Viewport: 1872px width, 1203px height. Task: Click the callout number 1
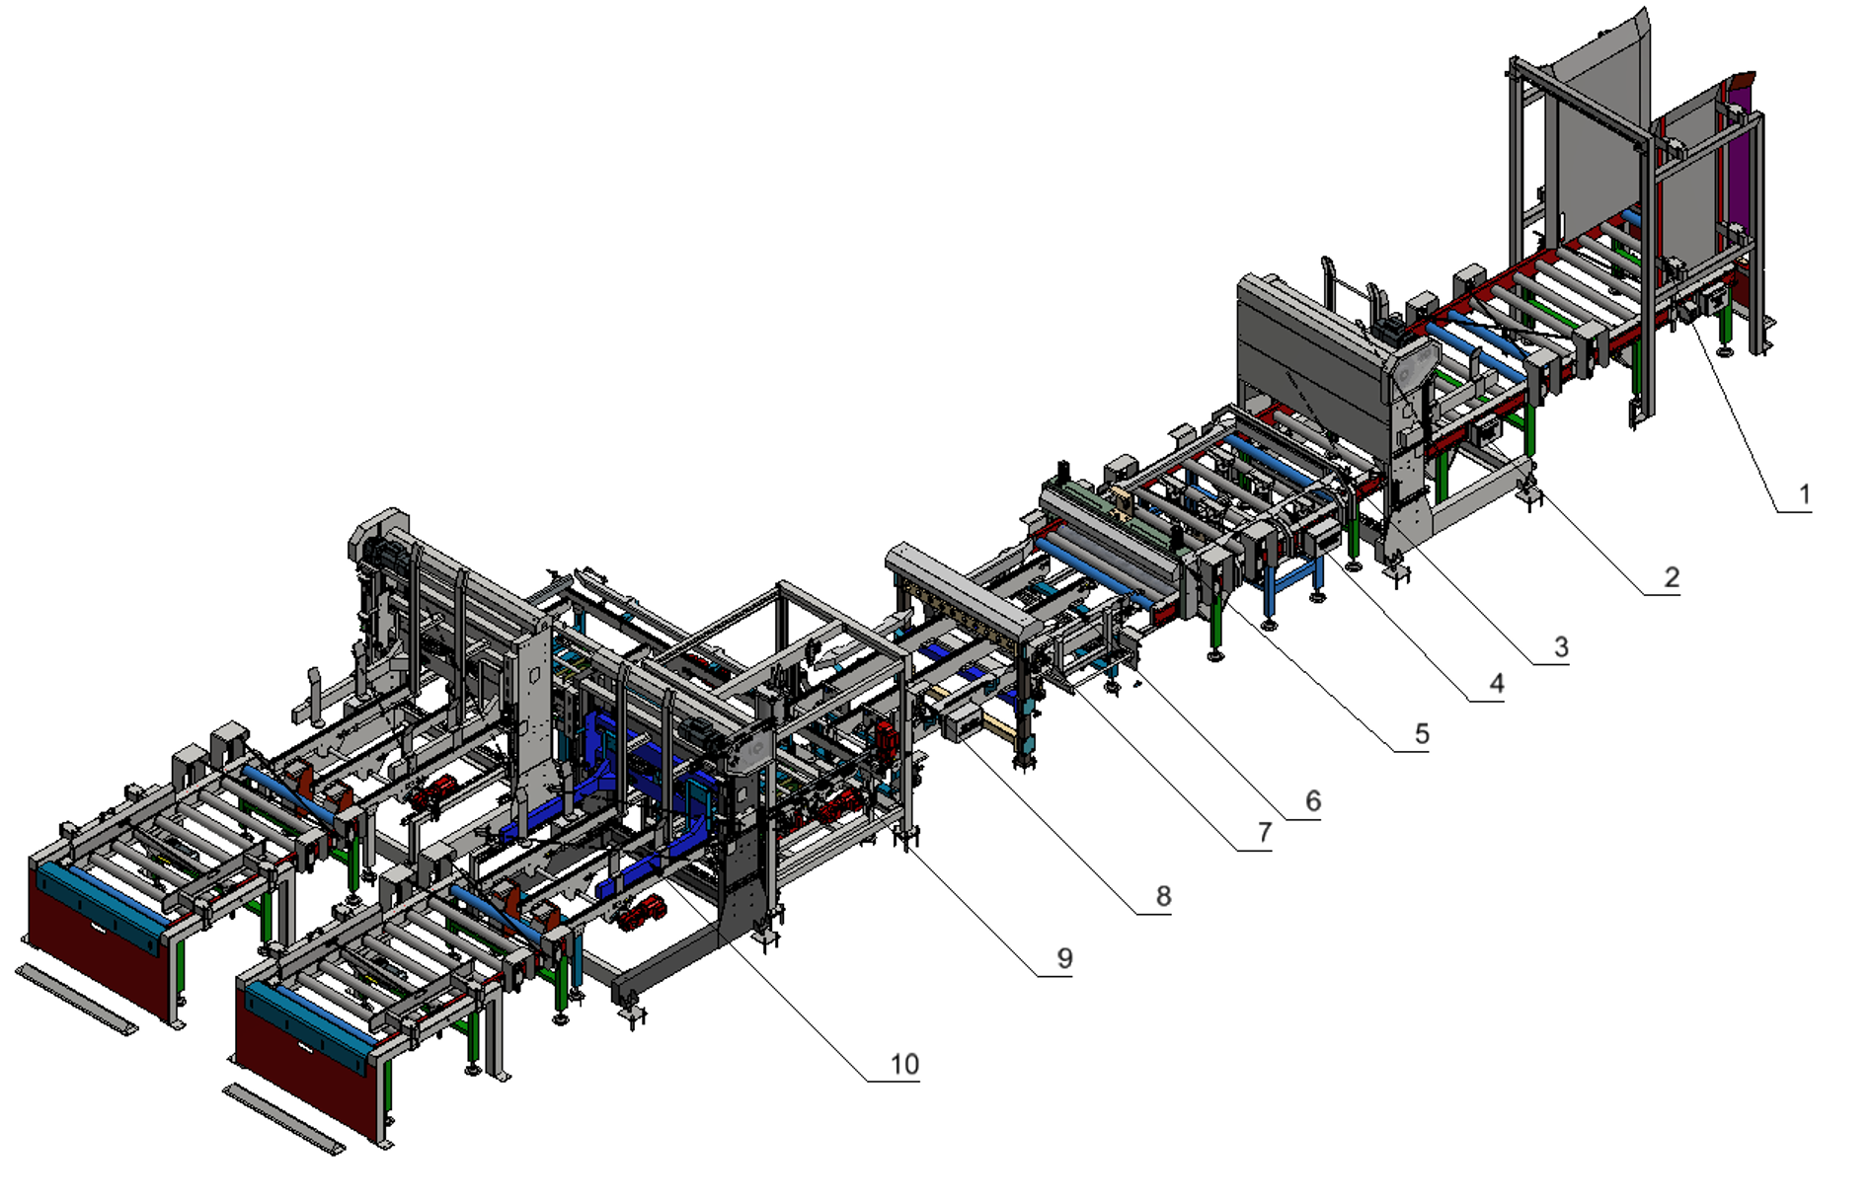1805,493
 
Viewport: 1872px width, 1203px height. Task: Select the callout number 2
1671,577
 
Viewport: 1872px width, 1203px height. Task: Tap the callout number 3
1561,647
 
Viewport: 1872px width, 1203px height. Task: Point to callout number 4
1497,683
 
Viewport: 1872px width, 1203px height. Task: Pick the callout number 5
1422,734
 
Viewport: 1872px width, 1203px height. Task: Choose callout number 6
1313,800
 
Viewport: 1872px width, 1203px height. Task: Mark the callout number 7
1265,833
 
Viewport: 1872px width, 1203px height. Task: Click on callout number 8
1164,896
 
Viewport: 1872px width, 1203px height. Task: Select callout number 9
1064,958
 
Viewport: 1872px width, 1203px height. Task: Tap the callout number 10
904,1064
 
